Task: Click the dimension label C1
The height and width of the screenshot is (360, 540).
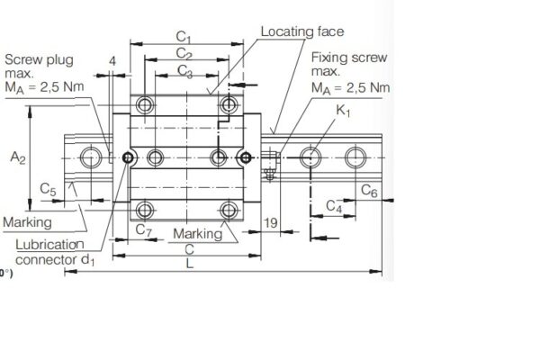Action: (x=184, y=37)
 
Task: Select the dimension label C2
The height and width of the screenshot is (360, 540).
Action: (x=184, y=53)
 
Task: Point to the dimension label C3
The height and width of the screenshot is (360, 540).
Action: (x=184, y=69)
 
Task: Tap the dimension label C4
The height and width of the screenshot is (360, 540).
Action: (x=334, y=207)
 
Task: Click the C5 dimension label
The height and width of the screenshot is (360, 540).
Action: (x=49, y=189)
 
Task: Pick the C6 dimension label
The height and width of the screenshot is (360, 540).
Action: (x=369, y=189)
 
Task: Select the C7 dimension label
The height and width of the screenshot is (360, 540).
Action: (x=144, y=231)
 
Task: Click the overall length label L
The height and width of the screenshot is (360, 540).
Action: (x=187, y=265)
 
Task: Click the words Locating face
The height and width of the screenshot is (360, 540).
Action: (x=302, y=32)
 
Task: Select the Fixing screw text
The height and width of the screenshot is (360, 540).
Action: (x=349, y=58)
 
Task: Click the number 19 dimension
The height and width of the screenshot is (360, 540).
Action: (x=270, y=221)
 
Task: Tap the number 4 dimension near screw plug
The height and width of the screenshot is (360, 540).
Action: (x=112, y=60)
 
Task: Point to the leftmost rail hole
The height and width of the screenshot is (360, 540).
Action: (x=90, y=158)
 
